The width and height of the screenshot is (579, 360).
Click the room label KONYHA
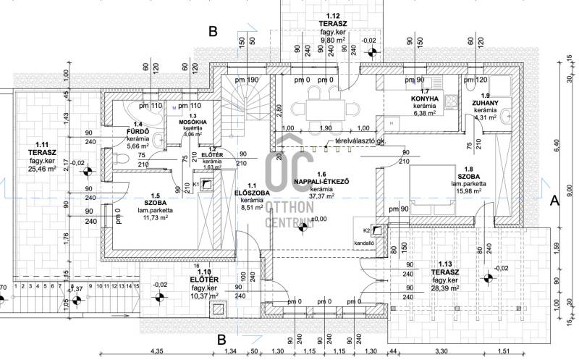tap(425, 99)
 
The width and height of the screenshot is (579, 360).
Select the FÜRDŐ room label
tap(138, 132)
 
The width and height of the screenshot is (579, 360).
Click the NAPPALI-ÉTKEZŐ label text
tap(322, 182)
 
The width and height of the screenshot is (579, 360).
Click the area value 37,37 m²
tap(322, 197)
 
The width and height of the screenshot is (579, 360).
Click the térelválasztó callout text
tap(360, 143)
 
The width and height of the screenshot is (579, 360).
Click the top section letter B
tap(212, 32)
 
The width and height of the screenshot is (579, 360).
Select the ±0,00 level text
tap(318, 219)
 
